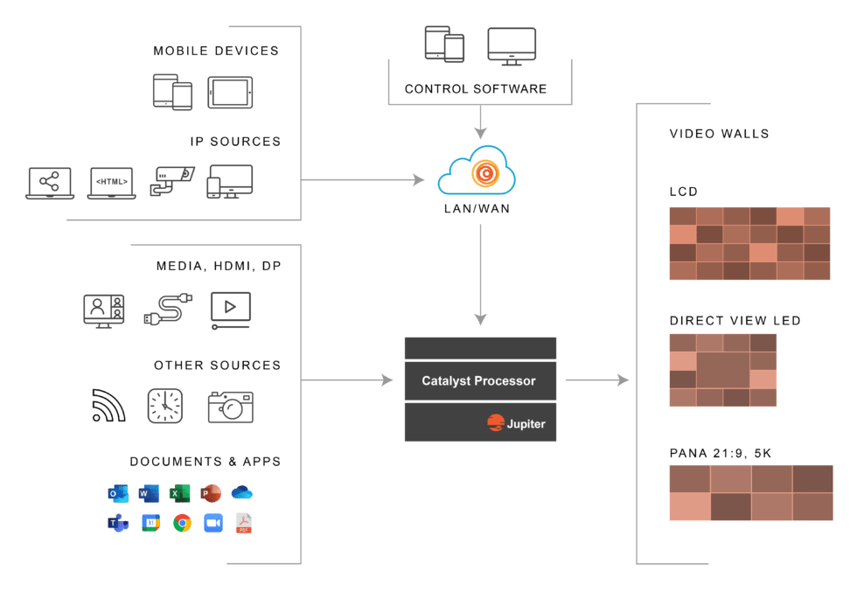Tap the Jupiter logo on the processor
[x=517, y=424]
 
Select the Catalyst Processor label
[x=478, y=381]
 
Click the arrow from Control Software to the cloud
[x=479, y=122]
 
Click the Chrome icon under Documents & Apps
[x=182, y=523]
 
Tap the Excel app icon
[x=180, y=493]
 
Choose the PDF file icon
[x=244, y=523]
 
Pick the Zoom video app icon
[x=213, y=523]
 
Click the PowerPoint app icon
[x=211, y=493]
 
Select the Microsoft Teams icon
[x=118, y=523]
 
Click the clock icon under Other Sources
[x=164, y=406]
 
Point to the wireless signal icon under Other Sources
[x=108, y=406]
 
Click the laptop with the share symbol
[x=51, y=183]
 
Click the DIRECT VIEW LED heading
[x=735, y=321]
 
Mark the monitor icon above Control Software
[x=512, y=45]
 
